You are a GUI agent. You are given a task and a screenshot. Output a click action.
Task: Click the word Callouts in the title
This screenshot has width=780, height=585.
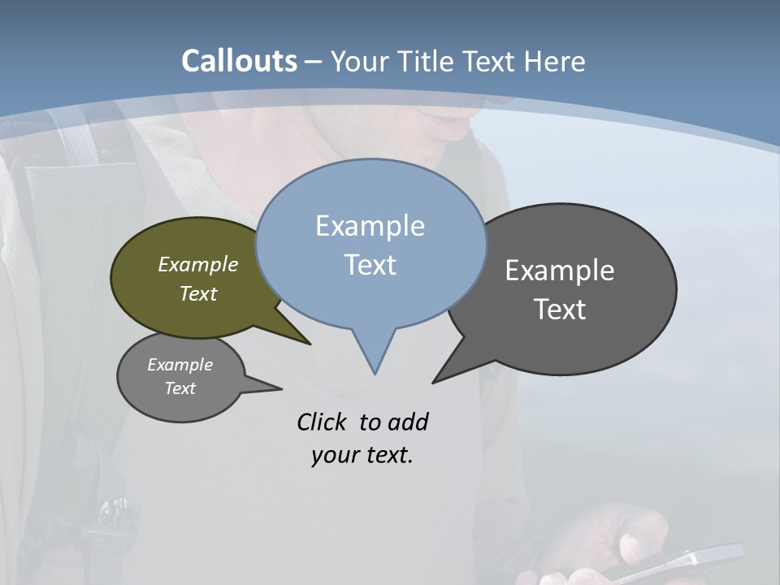pyautogui.click(x=239, y=61)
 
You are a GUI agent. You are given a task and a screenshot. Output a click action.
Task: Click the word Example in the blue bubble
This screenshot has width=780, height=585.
pyautogui.click(x=370, y=226)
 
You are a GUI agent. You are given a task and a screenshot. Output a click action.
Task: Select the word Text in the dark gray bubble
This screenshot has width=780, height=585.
pyautogui.click(x=560, y=310)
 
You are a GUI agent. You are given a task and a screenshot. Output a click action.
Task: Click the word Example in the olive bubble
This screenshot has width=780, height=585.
pyautogui.click(x=198, y=265)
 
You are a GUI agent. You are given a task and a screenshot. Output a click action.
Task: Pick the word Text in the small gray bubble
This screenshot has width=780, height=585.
pyautogui.click(x=180, y=388)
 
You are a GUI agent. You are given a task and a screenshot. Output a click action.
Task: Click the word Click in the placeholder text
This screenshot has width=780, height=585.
pyautogui.click(x=323, y=422)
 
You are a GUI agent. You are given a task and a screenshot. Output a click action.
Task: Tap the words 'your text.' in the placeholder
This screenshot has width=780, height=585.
pyautogui.click(x=362, y=455)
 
